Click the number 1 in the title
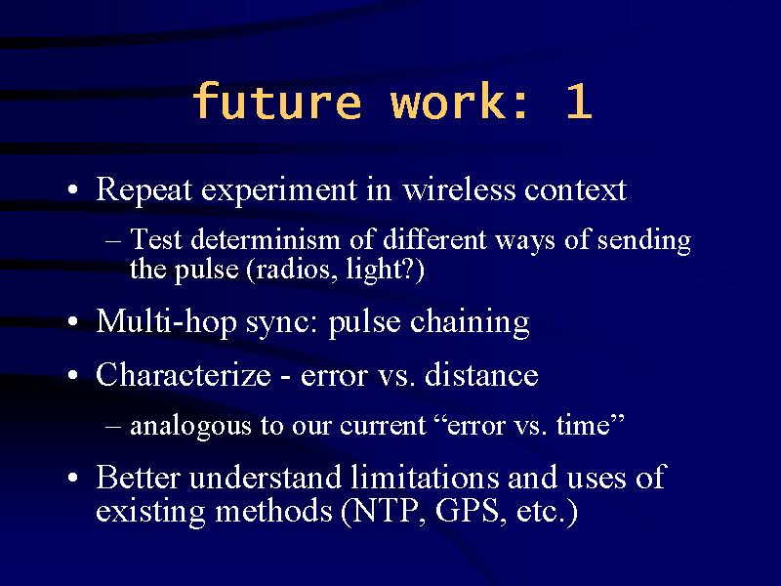[x=579, y=102]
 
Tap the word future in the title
[x=277, y=101]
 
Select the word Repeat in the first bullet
[x=144, y=189]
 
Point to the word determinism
[x=266, y=239]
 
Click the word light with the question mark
[x=380, y=270]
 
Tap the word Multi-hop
[x=166, y=321]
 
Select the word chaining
[x=470, y=322]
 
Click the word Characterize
[x=184, y=374]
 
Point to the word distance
[x=481, y=374]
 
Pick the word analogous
[x=190, y=427]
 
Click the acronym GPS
[x=468, y=511]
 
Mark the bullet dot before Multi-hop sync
[x=73, y=321]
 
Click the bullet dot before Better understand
[x=73, y=478]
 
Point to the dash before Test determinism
[x=113, y=241]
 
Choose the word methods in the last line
[x=273, y=511]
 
